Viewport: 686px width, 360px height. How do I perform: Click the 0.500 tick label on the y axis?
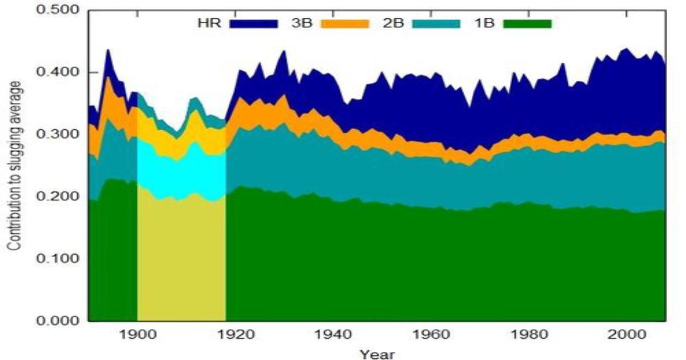point(59,11)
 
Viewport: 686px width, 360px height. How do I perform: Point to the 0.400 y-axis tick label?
point(59,73)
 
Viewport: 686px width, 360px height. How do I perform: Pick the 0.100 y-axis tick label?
point(59,258)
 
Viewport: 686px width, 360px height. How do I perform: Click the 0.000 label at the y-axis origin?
point(59,321)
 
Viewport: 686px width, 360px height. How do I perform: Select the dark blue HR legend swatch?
point(253,24)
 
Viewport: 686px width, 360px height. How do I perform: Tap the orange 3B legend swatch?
point(345,24)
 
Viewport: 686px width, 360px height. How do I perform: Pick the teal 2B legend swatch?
point(436,24)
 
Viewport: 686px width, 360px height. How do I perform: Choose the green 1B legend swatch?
point(527,24)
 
